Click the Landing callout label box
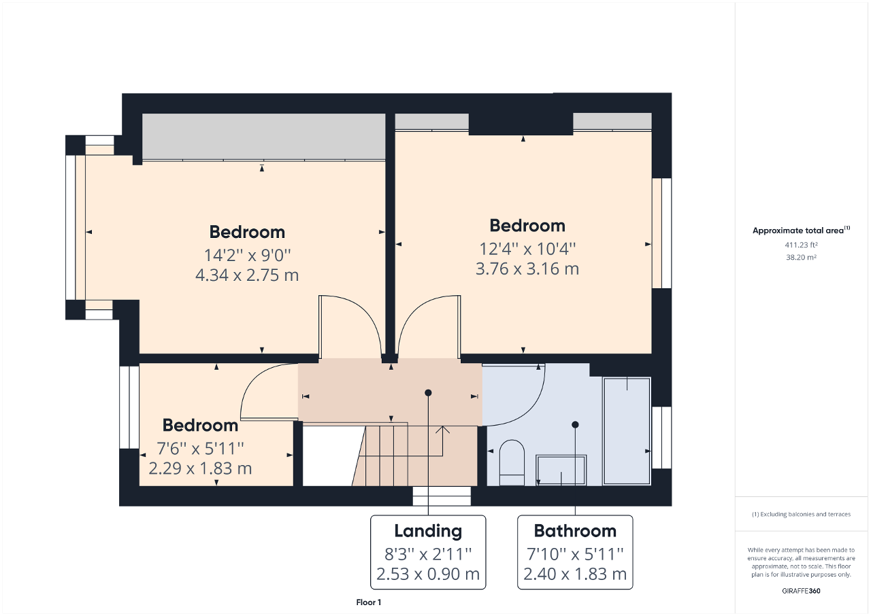(x=428, y=552)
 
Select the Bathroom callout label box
(x=575, y=552)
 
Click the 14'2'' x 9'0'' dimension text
(x=247, y=255)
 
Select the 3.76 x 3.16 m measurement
(x=527, y=269)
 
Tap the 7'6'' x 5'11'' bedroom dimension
(x=200, y=448)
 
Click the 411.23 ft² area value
(x=801, y=245)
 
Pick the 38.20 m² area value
(x=801, y=258)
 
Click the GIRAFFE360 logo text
(x=801, y=591)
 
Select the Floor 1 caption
(x=369, y=602)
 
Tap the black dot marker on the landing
(x=428, y=392)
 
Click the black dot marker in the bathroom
(x=575, y=424)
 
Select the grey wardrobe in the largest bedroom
(x=263, y=137)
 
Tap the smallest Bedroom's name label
(x=200, y=426)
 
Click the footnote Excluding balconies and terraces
(x=801, y=515)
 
